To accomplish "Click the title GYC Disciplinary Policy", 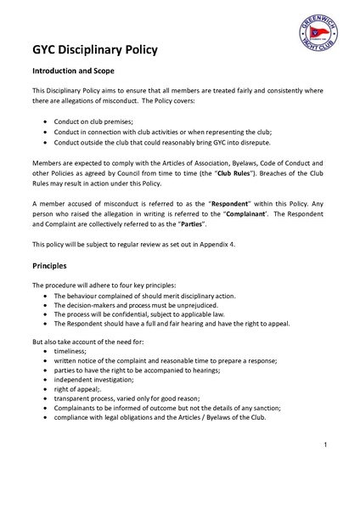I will tap(94, 50).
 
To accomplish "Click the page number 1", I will tap(325, 445).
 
